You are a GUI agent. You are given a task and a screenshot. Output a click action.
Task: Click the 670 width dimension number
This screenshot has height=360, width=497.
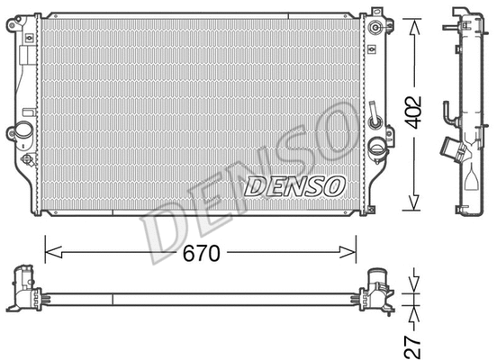pyautogui.click(x=201, y=254)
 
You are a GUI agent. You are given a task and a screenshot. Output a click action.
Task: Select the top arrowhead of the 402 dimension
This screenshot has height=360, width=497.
pyautogui.click(x=414, y=23)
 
